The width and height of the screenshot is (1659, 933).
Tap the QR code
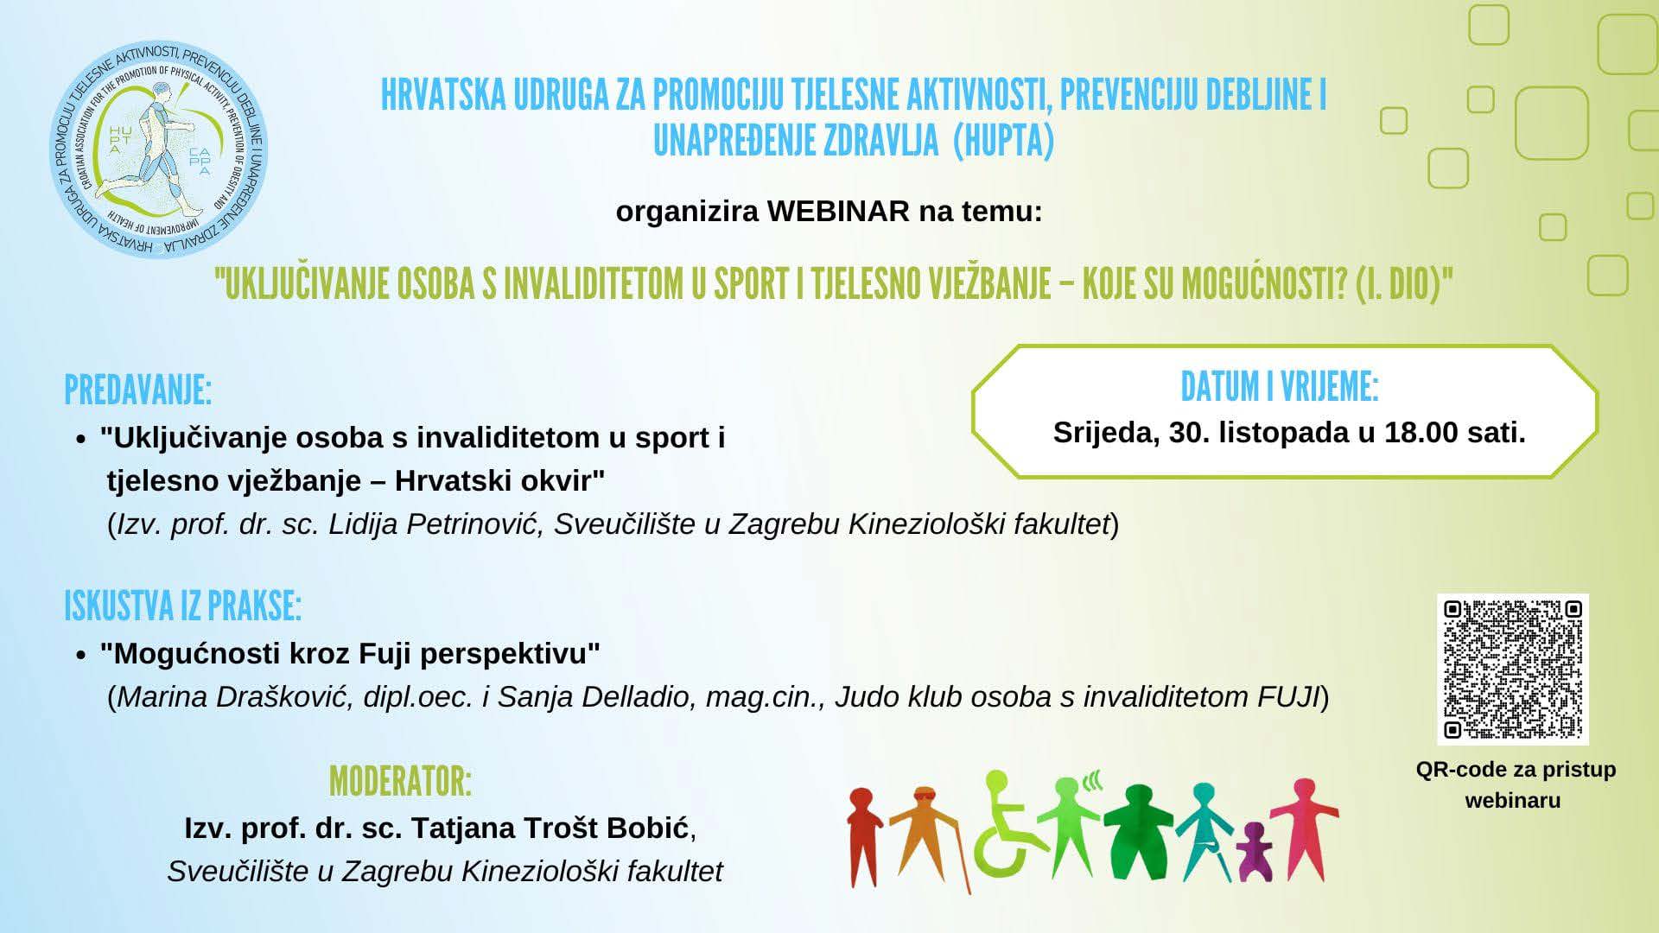1513,670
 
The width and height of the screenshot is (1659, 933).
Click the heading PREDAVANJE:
138,390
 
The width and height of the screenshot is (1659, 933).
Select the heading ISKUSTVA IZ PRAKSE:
182,606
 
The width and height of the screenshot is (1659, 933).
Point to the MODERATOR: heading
400,782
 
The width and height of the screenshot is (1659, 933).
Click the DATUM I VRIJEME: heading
1280,387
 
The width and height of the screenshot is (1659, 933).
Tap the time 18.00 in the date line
1421,432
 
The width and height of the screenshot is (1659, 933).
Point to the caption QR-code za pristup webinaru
1516,784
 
